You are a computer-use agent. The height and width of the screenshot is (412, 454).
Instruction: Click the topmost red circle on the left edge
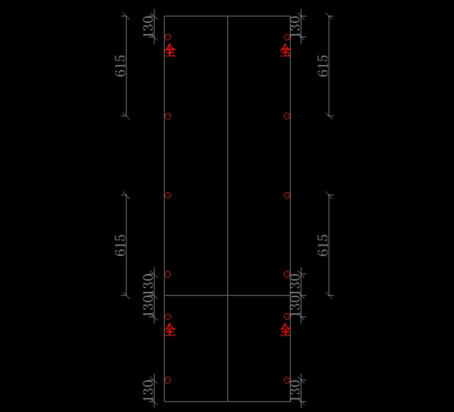pos(168,37)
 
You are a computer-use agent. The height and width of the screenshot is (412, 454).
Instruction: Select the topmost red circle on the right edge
pos(287,37)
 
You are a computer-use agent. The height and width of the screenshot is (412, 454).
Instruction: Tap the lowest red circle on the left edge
pos(168,380)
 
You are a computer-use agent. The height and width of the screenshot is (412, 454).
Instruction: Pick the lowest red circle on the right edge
pos(287,380)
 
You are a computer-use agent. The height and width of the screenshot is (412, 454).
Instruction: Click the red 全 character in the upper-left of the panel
pos(170,50)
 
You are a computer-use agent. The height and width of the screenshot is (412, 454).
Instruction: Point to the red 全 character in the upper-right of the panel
pos(285,50)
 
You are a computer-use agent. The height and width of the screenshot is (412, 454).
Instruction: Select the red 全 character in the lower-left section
pos(170,330)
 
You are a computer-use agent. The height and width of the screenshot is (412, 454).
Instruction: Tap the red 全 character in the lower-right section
pos(285,330)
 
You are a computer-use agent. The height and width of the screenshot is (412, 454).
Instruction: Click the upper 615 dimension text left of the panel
pos(120,66)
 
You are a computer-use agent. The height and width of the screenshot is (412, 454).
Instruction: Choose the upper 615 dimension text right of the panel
pos(323,66)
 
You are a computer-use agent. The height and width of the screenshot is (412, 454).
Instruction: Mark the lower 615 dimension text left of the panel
pos(120,245)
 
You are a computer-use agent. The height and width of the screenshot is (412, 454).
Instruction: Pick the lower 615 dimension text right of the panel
pos(323,245)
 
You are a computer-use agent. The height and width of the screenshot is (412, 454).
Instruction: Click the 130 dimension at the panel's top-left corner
pos(149,26)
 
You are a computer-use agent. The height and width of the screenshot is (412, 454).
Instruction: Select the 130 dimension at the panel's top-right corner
pos(295,26)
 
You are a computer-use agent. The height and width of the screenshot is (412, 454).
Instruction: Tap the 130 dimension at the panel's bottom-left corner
pos(149,390)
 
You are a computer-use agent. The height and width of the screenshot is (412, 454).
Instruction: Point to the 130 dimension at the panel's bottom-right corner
pos(295,390)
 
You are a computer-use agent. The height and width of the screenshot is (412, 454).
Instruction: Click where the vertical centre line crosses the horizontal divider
pos(227,295)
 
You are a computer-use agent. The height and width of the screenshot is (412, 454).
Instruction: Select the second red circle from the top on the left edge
pos(168,116)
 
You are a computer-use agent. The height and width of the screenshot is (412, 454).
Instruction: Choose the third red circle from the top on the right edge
pos(287,195)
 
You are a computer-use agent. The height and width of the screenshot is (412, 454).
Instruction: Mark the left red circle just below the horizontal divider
pos(168,316)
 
